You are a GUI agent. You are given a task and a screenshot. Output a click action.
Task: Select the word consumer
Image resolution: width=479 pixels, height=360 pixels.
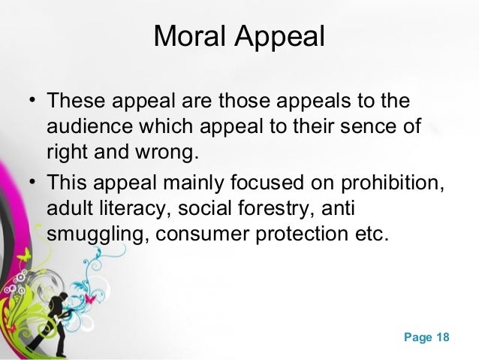[217, 232]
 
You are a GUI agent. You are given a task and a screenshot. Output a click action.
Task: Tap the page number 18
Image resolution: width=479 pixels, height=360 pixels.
[441, 337]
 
